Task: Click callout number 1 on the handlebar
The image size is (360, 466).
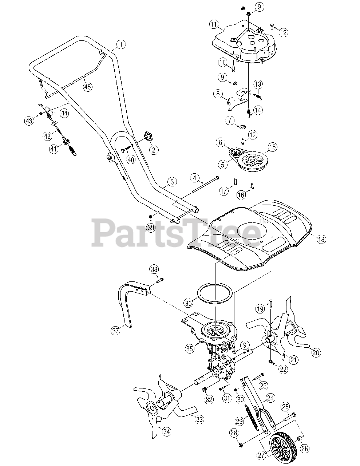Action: pyautogui.click(x=122, y=45)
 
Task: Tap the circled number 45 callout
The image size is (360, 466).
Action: pyautogui.click(x=87, y=86)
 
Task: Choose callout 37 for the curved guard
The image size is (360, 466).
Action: pyautogui.click(x=115, y=331)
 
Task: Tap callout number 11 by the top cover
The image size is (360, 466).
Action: pyautogui.click(x=214, y=25)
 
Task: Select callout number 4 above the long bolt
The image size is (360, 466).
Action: pyautogui.click(x=195, y=178)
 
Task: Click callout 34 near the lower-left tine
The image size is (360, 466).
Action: pyautogui.click(x=166, y=432)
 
